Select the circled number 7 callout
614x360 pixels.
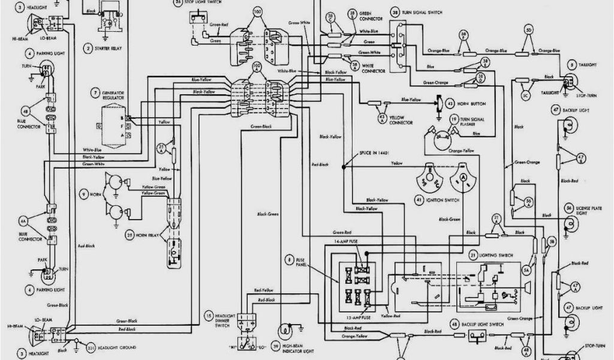tap(95, 92)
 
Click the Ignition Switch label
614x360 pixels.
tap(444, 199)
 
